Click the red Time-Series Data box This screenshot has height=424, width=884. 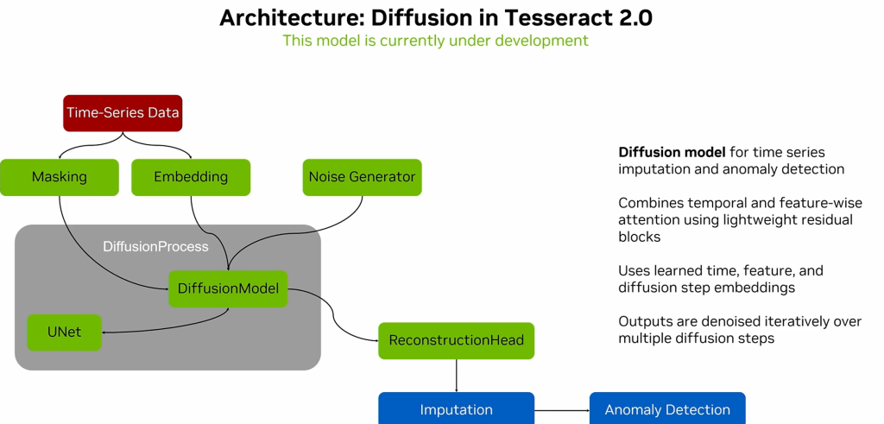123,112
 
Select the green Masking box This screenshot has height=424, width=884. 60,177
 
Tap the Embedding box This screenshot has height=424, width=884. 190,177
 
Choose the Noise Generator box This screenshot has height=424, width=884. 362,177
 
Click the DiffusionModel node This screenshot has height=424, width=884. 228,288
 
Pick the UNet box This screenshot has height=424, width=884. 64,332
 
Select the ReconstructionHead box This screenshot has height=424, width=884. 456,340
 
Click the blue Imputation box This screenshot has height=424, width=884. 456,409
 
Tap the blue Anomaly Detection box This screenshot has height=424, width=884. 666,409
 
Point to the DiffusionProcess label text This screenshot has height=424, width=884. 155,247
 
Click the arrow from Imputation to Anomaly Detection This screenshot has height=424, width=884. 561,409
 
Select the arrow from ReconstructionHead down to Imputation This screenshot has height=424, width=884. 456,376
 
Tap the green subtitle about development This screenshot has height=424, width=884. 435,41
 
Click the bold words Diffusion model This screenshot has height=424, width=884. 672,153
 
